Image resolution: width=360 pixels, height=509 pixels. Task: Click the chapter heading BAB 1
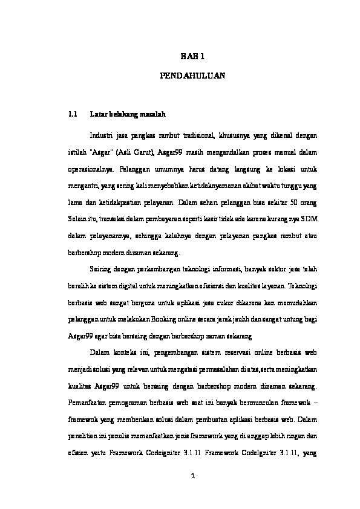(193, 56)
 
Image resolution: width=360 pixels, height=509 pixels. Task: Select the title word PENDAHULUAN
(193, 77)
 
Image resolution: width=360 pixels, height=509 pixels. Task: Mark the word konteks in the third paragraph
(134, 351)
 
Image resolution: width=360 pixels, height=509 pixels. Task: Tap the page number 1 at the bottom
(192, 475)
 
